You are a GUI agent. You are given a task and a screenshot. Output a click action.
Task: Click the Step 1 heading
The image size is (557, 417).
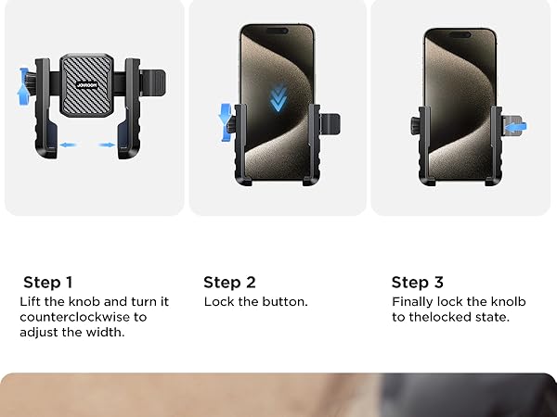coord(48,283)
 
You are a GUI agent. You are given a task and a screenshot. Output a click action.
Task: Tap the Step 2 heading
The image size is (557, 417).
coord(229,283)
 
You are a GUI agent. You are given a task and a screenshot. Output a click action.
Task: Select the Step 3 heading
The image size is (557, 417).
coord(417,283)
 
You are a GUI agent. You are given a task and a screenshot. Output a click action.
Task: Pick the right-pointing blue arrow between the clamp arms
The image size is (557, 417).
coord(106,145)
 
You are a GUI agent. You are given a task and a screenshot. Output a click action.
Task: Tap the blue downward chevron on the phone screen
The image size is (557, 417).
coord(277,99)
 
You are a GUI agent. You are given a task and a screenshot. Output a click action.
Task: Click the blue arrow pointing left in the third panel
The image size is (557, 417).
coord(516,126)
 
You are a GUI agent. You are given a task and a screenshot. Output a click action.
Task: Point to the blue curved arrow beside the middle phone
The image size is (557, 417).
coord(225,123)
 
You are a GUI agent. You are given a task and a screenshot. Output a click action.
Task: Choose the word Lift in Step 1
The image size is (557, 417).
coord(32,302)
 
